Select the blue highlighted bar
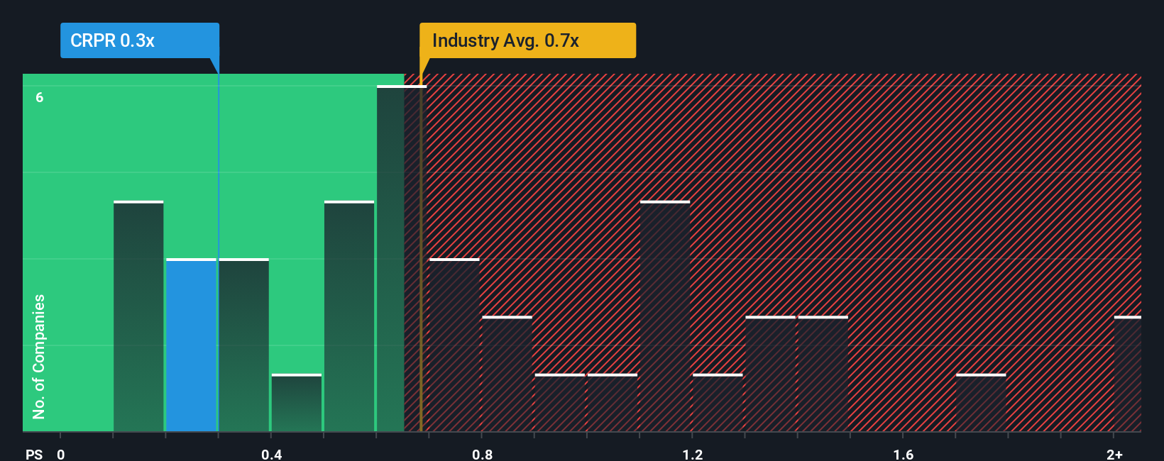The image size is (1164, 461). point(191,345)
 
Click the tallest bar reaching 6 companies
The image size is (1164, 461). point(390,259)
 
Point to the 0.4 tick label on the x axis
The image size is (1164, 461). point(271,454)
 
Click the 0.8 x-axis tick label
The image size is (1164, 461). point(482,454)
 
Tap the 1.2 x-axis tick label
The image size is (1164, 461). point(692,454)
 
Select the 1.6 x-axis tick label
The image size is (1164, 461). point(903,454)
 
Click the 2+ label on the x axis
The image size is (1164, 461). point(1114,454)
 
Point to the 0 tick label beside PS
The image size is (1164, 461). point(61,454)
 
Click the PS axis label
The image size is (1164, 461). point(34,454)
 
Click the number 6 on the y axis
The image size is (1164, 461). point(40,97)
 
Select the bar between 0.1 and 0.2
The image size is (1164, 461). point(138,317)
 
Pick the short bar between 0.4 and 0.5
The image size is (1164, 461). point(297,403)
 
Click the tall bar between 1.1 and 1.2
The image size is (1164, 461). point(665,317)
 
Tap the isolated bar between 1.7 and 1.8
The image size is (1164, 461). point(981,403)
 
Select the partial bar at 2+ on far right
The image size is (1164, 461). point(1128,374)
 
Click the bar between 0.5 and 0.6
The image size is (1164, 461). point(349,317)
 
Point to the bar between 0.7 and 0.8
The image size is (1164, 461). point(455,345)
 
